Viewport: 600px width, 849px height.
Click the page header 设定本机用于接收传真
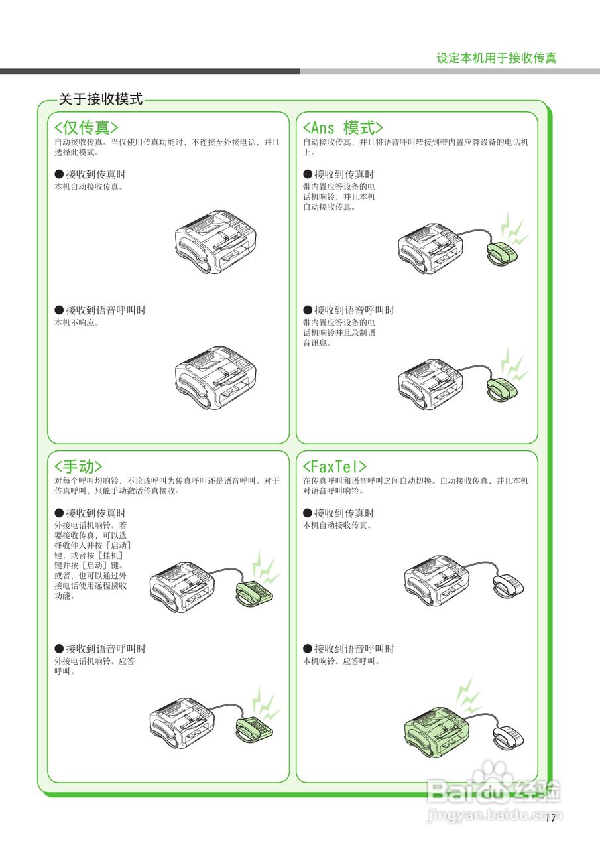pyautogui.click(x=496, y=58)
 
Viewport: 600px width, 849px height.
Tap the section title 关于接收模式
pyautogui.click(x=101, y=99)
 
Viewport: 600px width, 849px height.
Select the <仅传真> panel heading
pyautogui.click(x=86, y=127)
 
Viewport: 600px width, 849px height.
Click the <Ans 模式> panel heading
pyautogui.click(x=343, y=127)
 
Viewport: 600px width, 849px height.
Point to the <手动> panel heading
pyautogui.click(x=78, y=466)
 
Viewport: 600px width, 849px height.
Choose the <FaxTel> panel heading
pyautogui.click(x=335, y=466)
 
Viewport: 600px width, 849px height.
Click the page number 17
pyautogui.click(x=550, y=818)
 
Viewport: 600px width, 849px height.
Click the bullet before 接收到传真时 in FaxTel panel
pyautogui.click(x=308, y=513)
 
